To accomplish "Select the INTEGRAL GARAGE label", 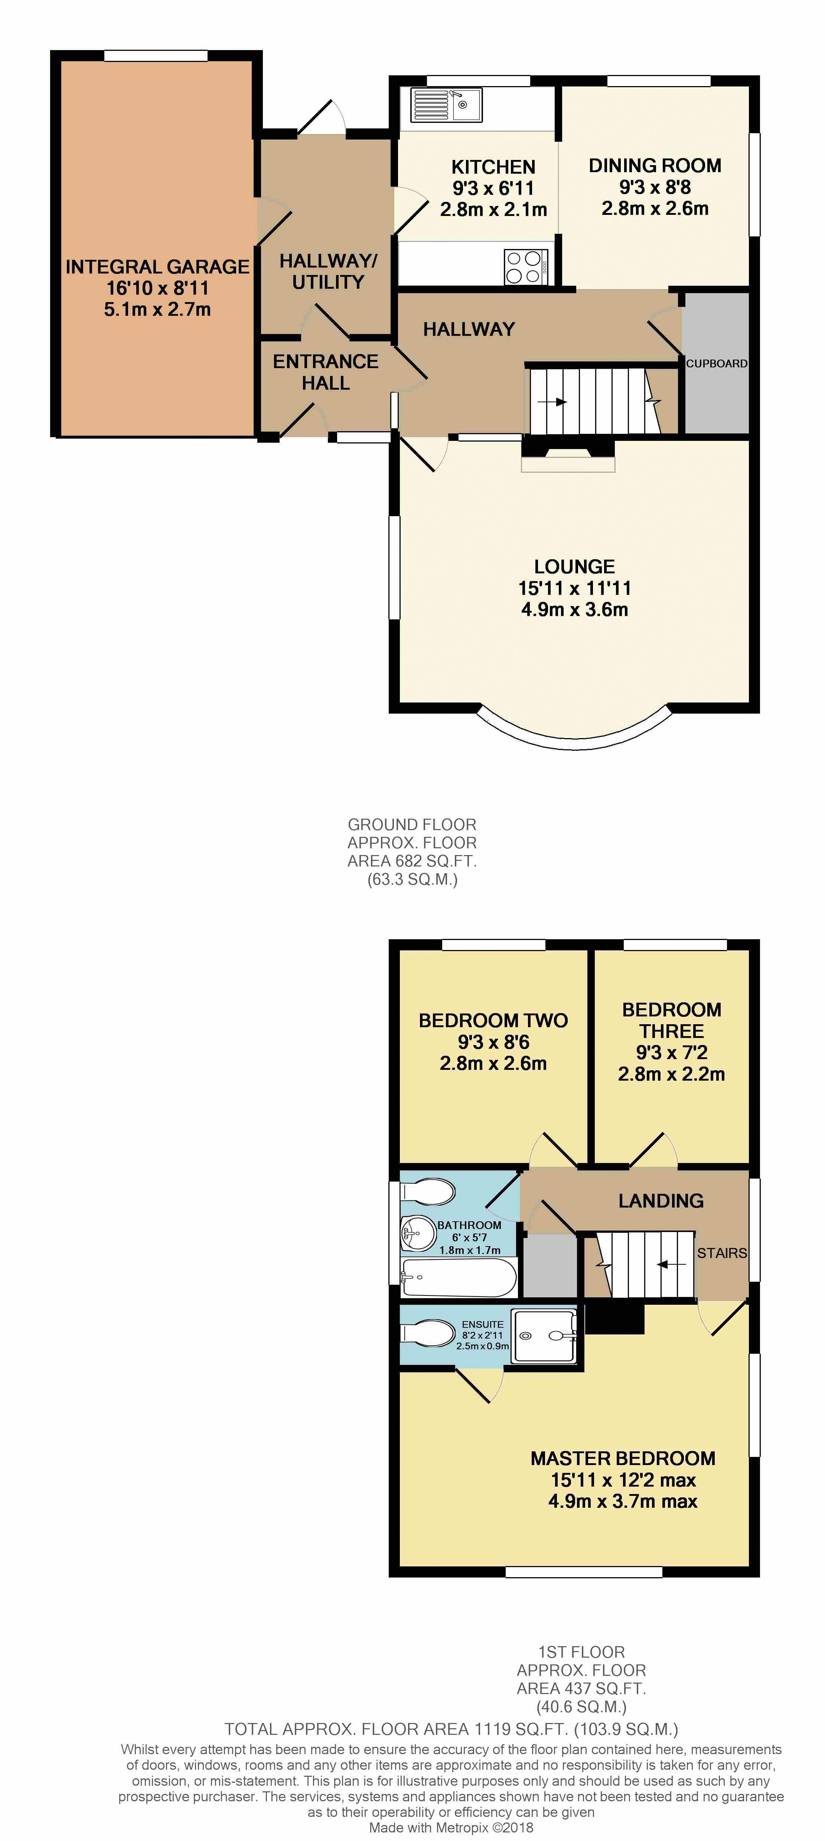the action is click(157, 266).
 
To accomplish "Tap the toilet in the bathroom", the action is click(427, 1191).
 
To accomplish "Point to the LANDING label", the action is click(661, 1200).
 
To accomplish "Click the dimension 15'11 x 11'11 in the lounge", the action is click(575, 588).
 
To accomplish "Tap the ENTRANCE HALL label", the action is click(326, 372).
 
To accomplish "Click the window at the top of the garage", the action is click(156, 56).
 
